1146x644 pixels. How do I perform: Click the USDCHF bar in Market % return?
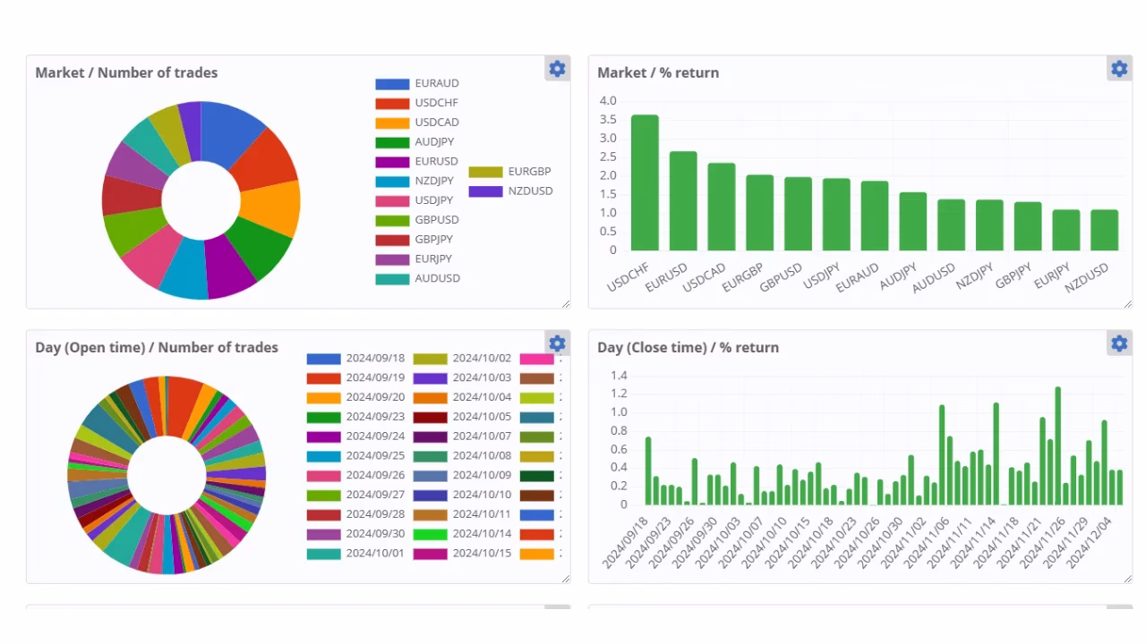coord(645,183)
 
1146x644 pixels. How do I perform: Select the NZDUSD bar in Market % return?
coord(1104,230)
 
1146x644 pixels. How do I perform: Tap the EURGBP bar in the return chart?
coord(759,213)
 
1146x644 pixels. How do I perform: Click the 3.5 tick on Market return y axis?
coord(608,119)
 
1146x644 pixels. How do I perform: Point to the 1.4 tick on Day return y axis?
coord(618,375)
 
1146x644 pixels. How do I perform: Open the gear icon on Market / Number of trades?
coord(557,69)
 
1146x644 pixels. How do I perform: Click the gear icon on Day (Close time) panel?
coord(1119,343)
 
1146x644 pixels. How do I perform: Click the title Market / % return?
coord(658,72)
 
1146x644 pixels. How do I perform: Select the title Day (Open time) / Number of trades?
coord(157,347)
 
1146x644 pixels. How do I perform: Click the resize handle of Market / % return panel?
coord(1127,304)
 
